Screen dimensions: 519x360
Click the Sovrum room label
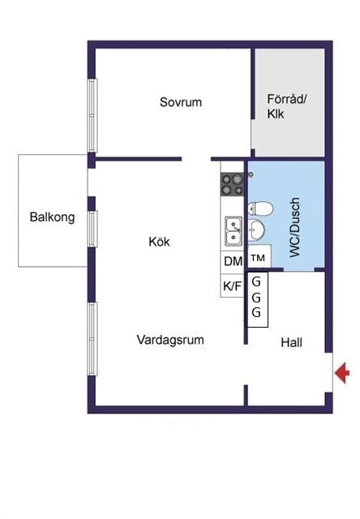click(x=180, y=102)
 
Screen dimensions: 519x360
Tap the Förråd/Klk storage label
click(x=286, y=106)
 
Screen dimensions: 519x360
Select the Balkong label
click(x=52, y=217)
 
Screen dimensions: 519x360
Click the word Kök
click(x=160, y=242)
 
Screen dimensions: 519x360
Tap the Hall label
click(x=291, y=343)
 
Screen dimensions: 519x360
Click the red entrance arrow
click(x=343, y=373)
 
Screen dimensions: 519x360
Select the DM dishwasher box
click(x=233, y=261)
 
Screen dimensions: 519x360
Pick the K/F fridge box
click(x=233, y=285)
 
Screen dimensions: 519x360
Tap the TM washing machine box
click(x=259, y=258)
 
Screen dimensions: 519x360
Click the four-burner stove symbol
click(x=233, y=185)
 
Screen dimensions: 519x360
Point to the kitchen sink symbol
click(x=233, y=230)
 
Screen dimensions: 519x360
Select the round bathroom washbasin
click(x=257, y=232)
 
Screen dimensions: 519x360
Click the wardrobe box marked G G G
click(x=257, y=299)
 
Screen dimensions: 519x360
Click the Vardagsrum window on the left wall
click(x=92, y=338)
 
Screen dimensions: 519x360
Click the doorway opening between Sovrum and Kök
click(x=196, y=159)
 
